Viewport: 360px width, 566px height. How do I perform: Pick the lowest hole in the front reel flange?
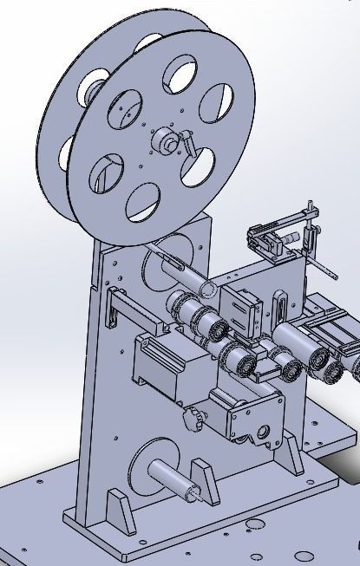coord(144,201)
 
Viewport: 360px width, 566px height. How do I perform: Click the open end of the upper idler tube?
coord(209,287)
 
